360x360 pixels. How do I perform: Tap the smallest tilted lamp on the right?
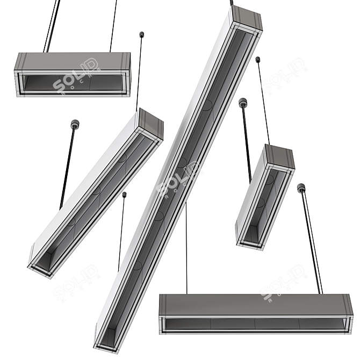pos(265,196)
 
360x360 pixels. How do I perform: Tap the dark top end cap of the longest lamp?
pos(246,19)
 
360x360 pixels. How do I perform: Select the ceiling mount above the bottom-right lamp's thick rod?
pos(301,188)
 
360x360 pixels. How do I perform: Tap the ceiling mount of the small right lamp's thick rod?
pos(243,102)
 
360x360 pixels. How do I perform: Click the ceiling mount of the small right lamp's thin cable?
pos(258,59)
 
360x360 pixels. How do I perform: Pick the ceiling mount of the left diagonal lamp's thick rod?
pos(74,125)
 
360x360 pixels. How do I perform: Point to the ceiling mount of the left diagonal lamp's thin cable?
pos(142,35)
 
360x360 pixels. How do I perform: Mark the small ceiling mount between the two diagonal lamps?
pos(124,194)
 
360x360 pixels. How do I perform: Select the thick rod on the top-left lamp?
pos(53,27)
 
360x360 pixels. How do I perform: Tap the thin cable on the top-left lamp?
pos(113,27)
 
